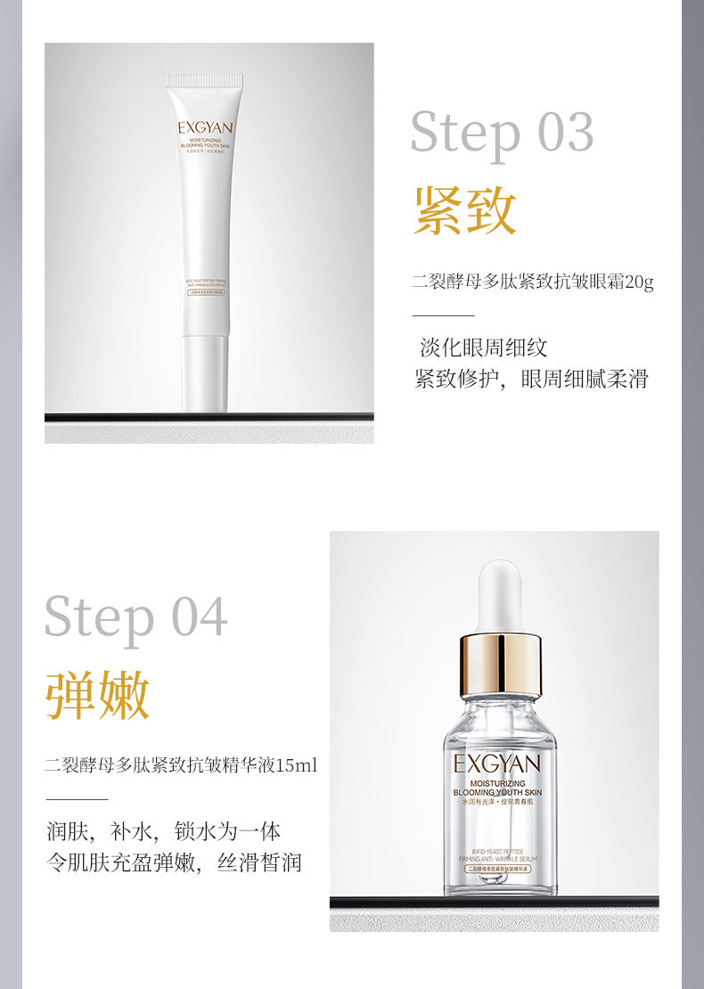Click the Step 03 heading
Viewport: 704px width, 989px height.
[x=501, y=133]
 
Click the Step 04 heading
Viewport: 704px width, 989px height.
[x=135, y=617]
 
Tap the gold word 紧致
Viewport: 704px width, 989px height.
[x=465, y=211]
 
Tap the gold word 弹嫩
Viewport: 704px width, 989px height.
[x=98, y=696]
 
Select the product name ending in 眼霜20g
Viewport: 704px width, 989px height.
[x=532, y=282]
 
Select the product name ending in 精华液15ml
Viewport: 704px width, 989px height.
[x=181, y=765]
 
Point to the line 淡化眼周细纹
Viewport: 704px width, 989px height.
[x=483, y=347]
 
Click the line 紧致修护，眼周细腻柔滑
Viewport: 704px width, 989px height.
[x=531, y=379]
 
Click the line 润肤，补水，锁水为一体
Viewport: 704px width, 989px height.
[x=163, y=831]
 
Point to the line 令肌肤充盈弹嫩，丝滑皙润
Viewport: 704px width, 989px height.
[x=174, y=862]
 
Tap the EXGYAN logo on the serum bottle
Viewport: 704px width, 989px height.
[x=496, y=764]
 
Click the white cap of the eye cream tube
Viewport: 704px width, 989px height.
[x=204, y=372]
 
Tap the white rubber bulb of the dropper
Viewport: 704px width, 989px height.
[x=499, y=595]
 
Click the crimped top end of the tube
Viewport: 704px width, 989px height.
[x=205, y=82]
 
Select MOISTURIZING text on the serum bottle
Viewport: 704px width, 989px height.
[x=496, y=782]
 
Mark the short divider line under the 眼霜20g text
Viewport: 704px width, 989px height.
[x=443, y=315]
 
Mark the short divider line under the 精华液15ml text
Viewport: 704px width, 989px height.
[x=77, y=799]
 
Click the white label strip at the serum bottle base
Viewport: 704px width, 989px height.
[x=500, y=867]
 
